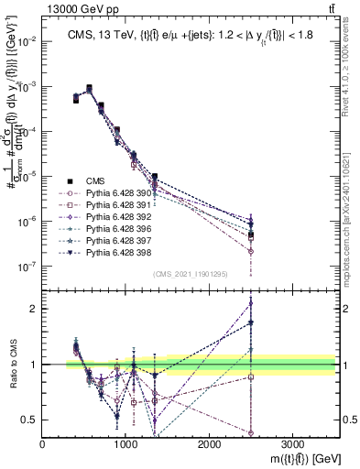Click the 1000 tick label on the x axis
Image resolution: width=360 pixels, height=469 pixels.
[x=125, y=442]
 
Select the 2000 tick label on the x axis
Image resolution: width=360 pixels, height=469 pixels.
[x=209, y=442]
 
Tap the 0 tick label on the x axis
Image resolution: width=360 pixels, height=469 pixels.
[x=43, y=442]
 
